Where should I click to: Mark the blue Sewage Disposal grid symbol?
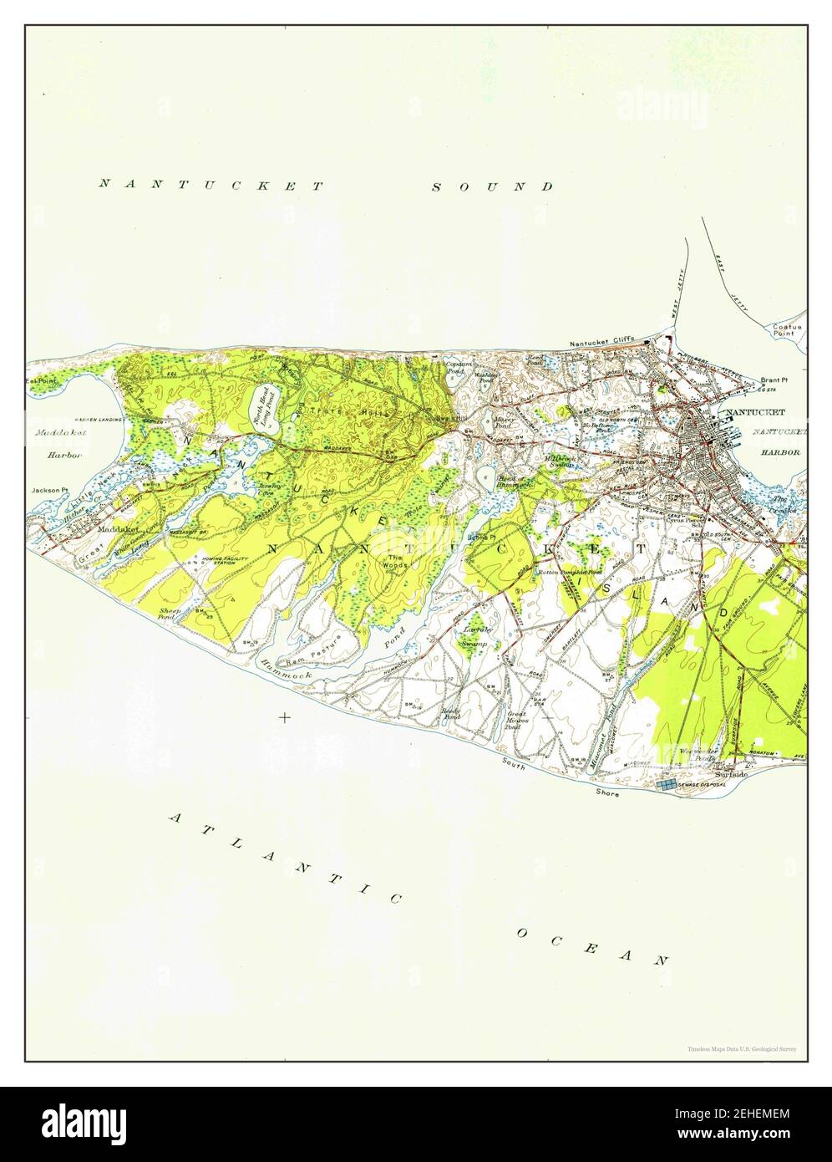pyautogui.click(x=667, y=785)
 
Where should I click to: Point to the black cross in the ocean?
pyautogui.click(x=286, y=716)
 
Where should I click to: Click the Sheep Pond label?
pyautogui.click(x=171, y=614)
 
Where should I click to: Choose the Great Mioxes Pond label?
pyautogui.click(x=516, y=720)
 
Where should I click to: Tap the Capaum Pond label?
pyautogui.click(x=459, y=368)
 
